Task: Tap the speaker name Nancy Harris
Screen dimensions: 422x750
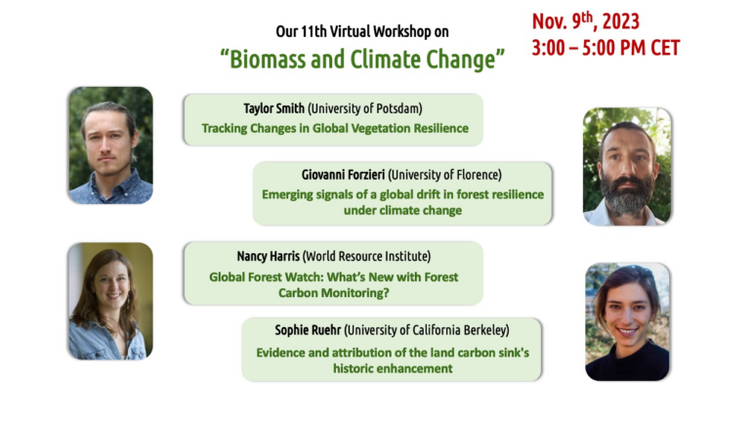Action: point(273,256)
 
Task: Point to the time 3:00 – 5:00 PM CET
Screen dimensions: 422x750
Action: point(605,48)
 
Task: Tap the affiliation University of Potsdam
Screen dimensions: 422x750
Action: point(376,107)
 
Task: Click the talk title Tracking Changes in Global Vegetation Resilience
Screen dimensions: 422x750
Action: point(335,128)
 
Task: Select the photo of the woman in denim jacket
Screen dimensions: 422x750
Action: point(109,301)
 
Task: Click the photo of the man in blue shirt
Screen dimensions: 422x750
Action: point(109,145)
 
